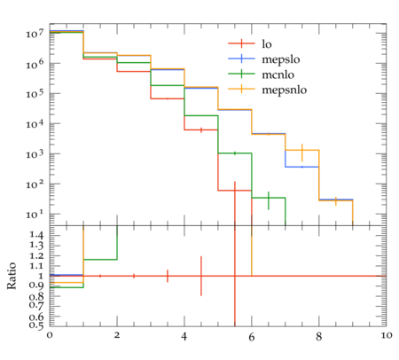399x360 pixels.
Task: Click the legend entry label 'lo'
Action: (267, 44)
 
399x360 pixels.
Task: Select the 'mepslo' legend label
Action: (281, 59)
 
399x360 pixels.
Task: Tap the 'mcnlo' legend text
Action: (278, 74)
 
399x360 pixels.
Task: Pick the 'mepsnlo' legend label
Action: (285, 90)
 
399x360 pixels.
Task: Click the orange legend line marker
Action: (241, 89)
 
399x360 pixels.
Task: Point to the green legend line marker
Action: (241, 74)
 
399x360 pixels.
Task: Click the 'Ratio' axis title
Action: (12, 276)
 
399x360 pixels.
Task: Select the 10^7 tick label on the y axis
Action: (35, 34)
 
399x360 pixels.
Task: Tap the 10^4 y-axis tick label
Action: (35, 124)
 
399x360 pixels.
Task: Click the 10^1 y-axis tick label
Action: (35, 215)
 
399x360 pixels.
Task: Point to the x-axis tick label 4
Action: (184, 337)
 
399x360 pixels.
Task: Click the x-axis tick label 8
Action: (318, 337)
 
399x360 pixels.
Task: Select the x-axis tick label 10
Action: (387, 336)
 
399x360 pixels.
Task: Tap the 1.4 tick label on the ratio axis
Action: (36, 235)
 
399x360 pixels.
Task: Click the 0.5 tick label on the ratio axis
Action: (36, 325)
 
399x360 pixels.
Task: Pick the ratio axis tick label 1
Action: (41, 276)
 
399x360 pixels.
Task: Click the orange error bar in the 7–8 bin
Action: (302, 153)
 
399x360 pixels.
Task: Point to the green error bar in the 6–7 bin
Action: (269, 200)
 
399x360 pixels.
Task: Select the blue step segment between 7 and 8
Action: (302, 167)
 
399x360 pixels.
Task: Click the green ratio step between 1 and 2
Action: (100, 260)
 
